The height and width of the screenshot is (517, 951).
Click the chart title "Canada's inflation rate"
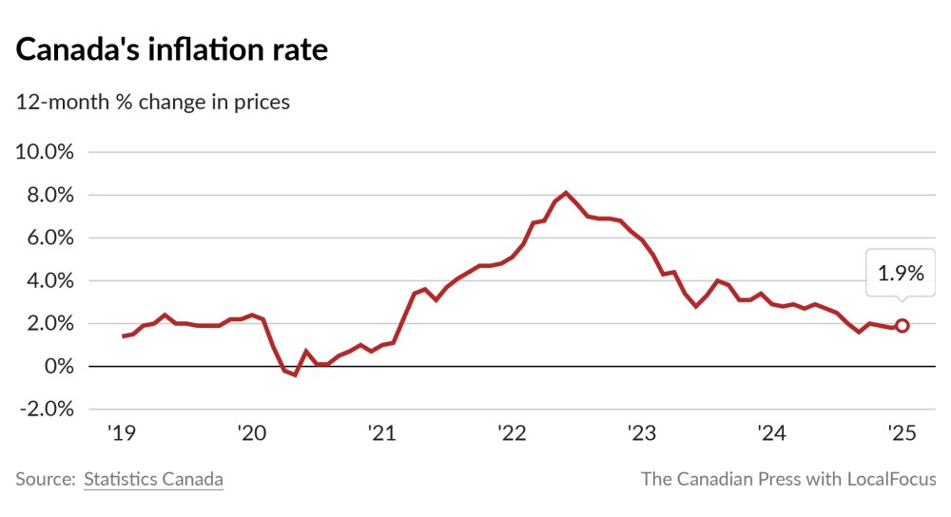172,49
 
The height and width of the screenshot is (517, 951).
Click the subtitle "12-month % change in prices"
153,102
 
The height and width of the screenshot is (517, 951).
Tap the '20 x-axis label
251,433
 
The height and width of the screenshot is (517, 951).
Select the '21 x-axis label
381,433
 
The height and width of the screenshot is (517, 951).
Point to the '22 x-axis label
512,433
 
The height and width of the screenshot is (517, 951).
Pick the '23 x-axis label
641,433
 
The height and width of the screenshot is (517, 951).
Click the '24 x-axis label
771,433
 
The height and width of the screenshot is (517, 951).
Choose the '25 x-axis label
901,433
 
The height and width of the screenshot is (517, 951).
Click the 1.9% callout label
900,274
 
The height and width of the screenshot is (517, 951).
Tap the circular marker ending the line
902,325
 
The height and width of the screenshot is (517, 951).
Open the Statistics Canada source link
153,479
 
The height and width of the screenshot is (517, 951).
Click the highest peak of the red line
567,193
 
